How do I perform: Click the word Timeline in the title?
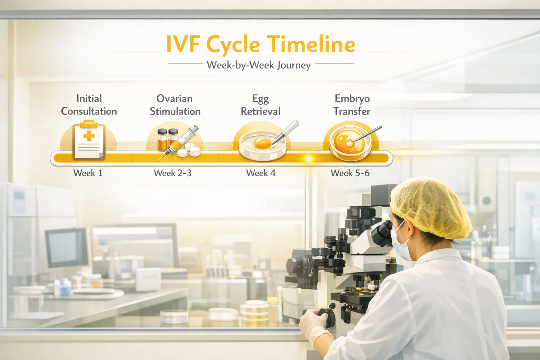point(311,45)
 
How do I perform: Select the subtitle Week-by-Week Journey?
point(259,65)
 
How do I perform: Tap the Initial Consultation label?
point(89,105)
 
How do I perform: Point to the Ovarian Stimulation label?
point(175,105)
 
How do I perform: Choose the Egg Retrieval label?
point(261,105)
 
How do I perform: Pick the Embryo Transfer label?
point(352,105)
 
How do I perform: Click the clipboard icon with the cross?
point(89,141)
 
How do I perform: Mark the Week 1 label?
point(88,173)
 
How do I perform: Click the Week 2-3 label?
point(173,173)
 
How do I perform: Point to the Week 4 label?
point(261,173)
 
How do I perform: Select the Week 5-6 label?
point(350,173)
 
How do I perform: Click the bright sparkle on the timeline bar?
point(308,159)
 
